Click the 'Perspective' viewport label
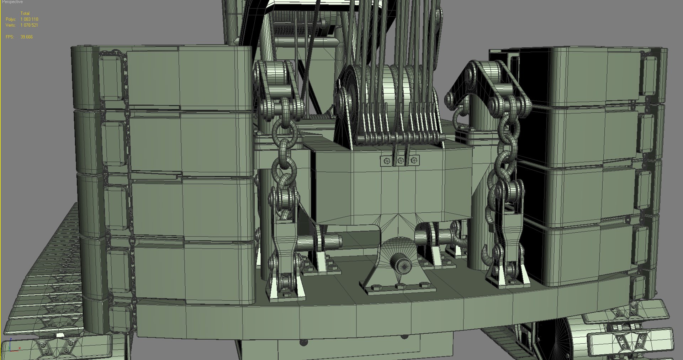click(12, 2)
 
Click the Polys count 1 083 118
click(29, 19)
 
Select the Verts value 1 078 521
click(29, 25)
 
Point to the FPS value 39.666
click(27, 37)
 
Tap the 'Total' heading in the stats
click(25, 14)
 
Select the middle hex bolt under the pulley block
click(401, 161)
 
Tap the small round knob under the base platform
click(303, 342)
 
